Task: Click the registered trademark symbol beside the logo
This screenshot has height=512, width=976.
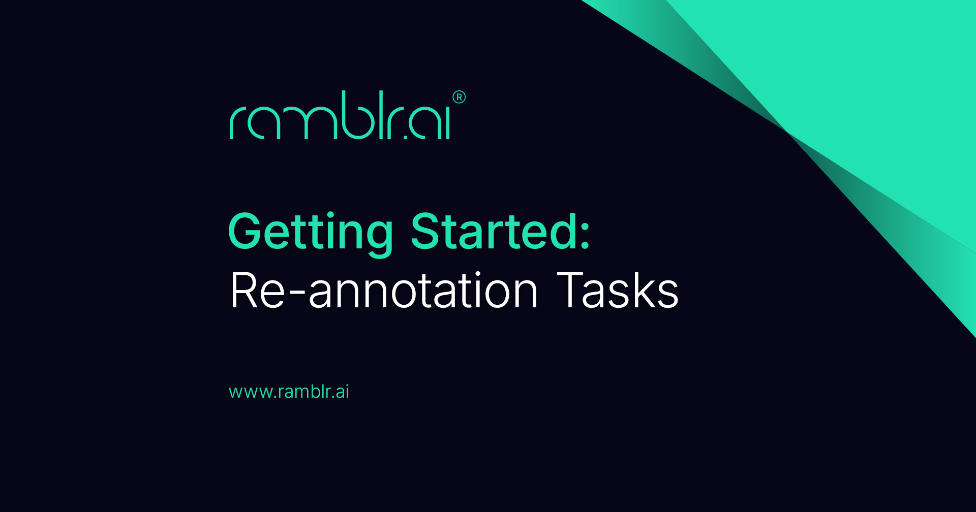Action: click(x=459, y=97)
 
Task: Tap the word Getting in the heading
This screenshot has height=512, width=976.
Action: click(x=311, y=232)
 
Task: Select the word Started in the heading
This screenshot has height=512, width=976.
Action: click(x=493, y=232)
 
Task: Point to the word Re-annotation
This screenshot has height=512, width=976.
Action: click(x=384, y=291)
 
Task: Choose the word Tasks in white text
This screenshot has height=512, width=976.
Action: click(x=618, y=291)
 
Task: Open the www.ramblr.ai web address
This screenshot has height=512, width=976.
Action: click(x=289, y=392)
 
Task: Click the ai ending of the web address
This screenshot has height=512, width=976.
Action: click(x=342, y=392)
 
